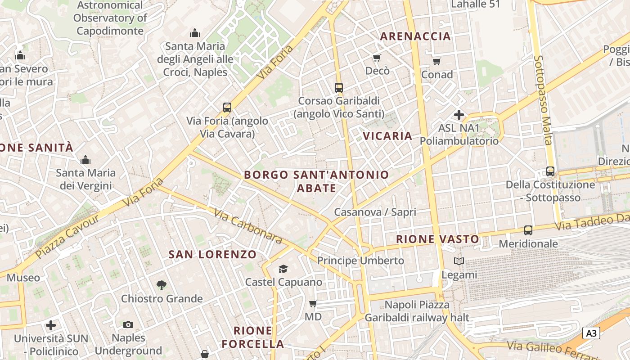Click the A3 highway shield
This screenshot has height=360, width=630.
(591, 333)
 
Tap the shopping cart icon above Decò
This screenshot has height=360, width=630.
(377, 58)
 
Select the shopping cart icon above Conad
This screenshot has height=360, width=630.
(436, 61)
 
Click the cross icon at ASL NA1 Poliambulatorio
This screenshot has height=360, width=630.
(459, 115)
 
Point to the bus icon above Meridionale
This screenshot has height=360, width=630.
(528, 230)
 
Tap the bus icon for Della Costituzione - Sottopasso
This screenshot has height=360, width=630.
(550, 171)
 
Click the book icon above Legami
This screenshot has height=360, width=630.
(459, 261)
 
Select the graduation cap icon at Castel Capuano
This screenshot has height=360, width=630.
(283, 269)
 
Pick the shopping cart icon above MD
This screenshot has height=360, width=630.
(313, 303)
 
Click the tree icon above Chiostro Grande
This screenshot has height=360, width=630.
(162, 285)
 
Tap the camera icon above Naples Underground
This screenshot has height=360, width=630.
(128, 324)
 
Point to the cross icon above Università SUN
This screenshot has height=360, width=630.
(51, 325)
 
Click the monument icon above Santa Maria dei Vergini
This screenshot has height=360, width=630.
(85, 160)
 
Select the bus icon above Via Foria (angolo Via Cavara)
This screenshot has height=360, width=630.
(227, 108)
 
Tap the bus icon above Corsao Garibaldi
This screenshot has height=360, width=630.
(339, 87)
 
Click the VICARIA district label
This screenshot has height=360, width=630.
(387, 136)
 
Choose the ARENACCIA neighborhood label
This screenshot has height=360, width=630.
(415, 36)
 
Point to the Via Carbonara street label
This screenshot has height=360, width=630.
(247, 226)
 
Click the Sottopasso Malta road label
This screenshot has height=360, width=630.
(542, 100)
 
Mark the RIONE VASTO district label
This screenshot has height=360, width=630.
(437, 239)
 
